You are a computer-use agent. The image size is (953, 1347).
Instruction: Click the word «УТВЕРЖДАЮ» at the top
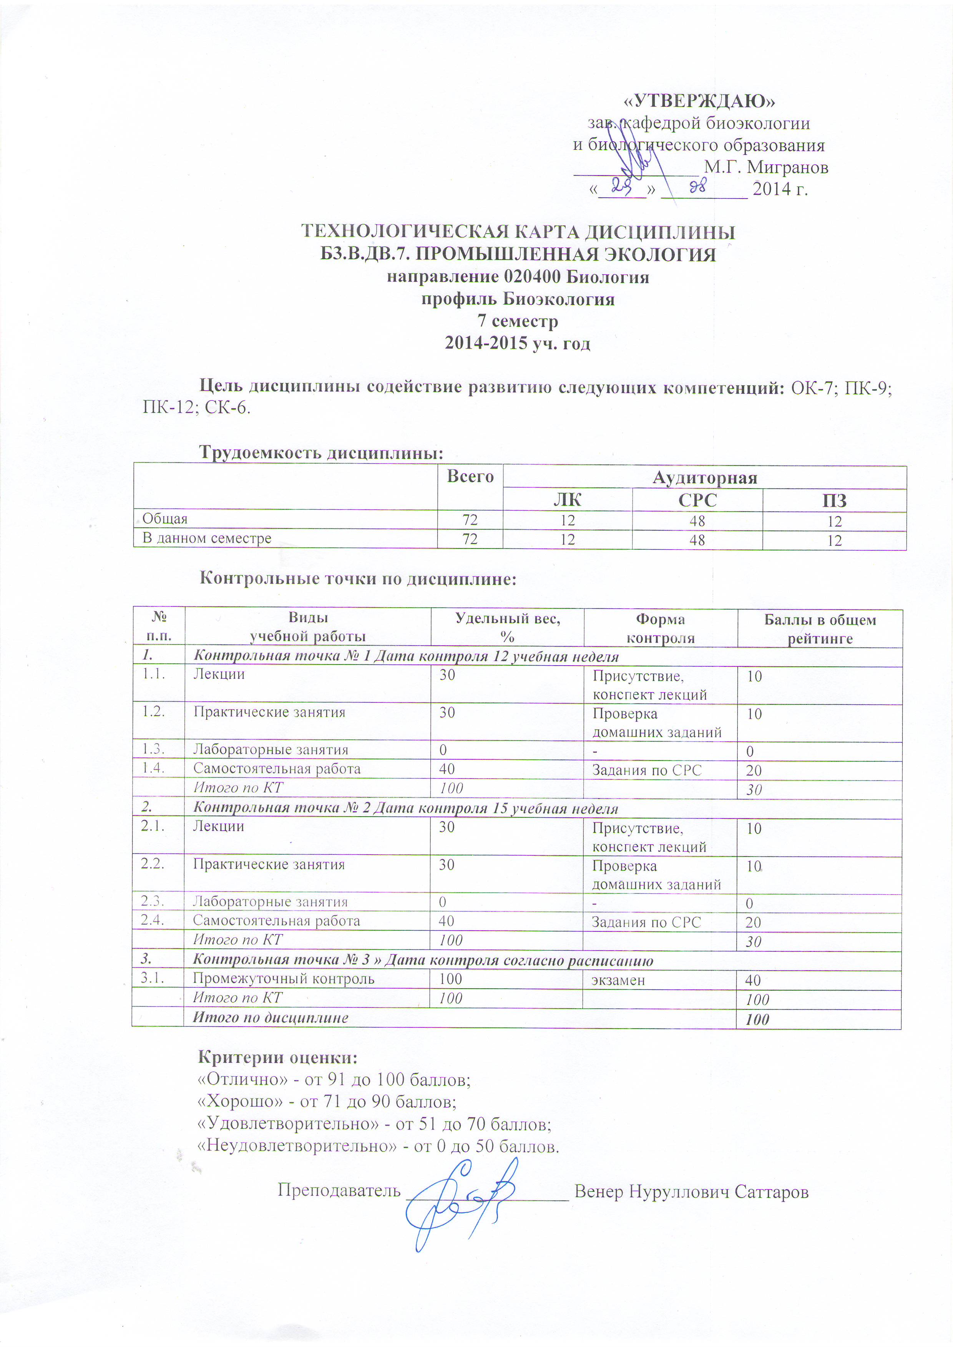[x=698, y=101]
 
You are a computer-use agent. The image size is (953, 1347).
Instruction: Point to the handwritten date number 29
[x=621, y=187]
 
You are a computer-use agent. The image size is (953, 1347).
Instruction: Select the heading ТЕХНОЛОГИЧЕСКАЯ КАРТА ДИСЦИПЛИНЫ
[x=518, y=232]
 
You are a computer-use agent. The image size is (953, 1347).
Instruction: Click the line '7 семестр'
[x=518, y=321]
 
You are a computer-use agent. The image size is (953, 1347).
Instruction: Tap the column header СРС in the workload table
[x=697, y=500]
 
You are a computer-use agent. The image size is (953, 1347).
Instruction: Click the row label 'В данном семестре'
[x=207, y=538]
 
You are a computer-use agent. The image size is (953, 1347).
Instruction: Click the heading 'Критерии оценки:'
[x=277, y=1058]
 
